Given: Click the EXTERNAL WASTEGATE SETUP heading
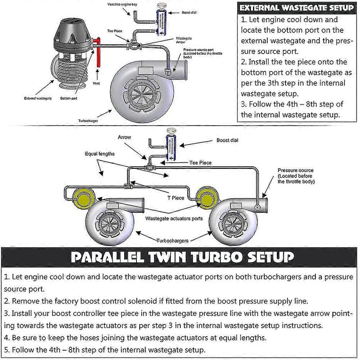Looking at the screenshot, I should pos(297,8).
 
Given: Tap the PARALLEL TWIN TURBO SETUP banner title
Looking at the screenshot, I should pos(182,257).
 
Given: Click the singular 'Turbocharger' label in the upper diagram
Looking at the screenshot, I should pos(88,121).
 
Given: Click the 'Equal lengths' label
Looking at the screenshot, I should pos(100,154).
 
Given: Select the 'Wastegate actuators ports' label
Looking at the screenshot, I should pos(174,219).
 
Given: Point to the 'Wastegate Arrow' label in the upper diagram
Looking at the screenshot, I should pos(184,40).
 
